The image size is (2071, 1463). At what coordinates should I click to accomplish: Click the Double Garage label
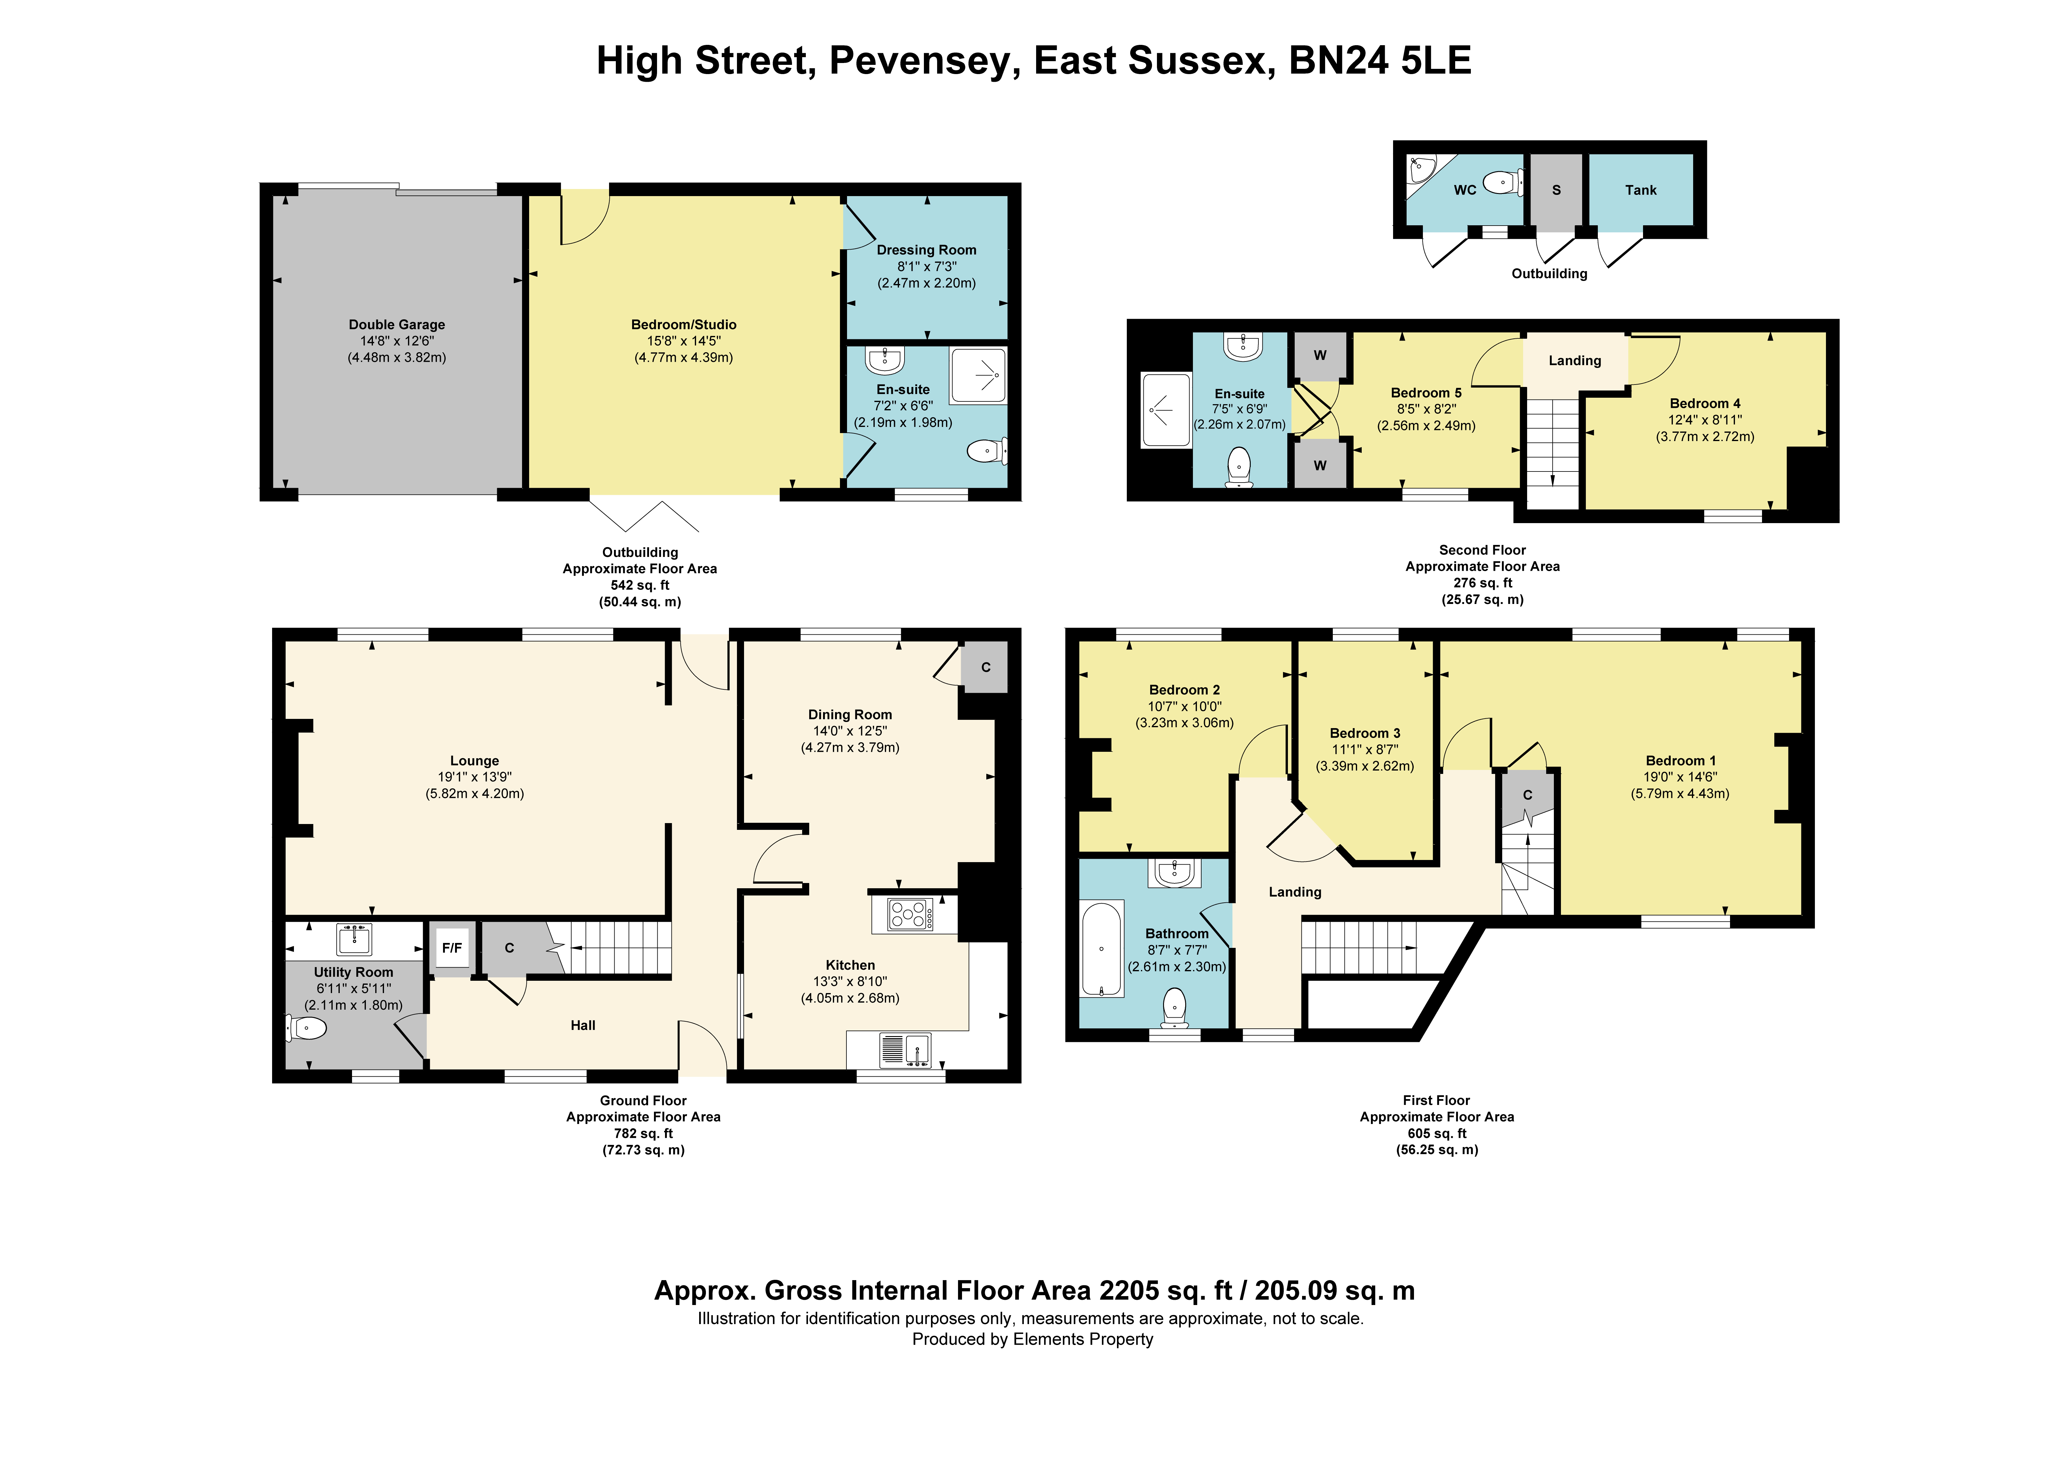(x=397, y=325)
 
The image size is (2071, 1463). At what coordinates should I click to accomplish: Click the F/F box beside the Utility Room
(x=452, y=948)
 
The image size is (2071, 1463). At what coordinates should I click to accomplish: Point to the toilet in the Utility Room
(x=307, y=1027)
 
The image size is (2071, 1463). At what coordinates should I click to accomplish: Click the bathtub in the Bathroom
(x=1101, y=948)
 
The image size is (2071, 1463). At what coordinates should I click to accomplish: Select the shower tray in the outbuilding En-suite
(x=978, y=375)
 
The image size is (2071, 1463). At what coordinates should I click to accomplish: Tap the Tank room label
(x=1641, y=190)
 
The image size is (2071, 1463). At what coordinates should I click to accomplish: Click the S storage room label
(x=1556, y=190)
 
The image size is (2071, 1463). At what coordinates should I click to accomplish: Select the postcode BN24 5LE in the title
(x=1380, y=61)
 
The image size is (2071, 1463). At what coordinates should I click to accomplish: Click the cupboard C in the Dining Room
(x=985, y=668)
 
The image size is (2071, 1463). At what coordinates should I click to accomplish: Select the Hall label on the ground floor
(x=583, y=1026)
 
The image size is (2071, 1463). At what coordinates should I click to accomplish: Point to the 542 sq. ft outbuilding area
(x=640, y=586)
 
